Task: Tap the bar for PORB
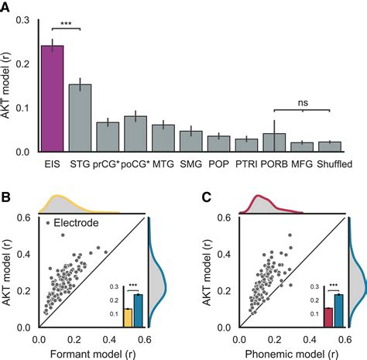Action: (x=269, y=143)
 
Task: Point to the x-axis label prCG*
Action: (x=105, y=165)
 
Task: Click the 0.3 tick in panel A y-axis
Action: (x=26, y=19)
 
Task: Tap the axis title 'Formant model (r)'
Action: (x=91, y=352)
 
